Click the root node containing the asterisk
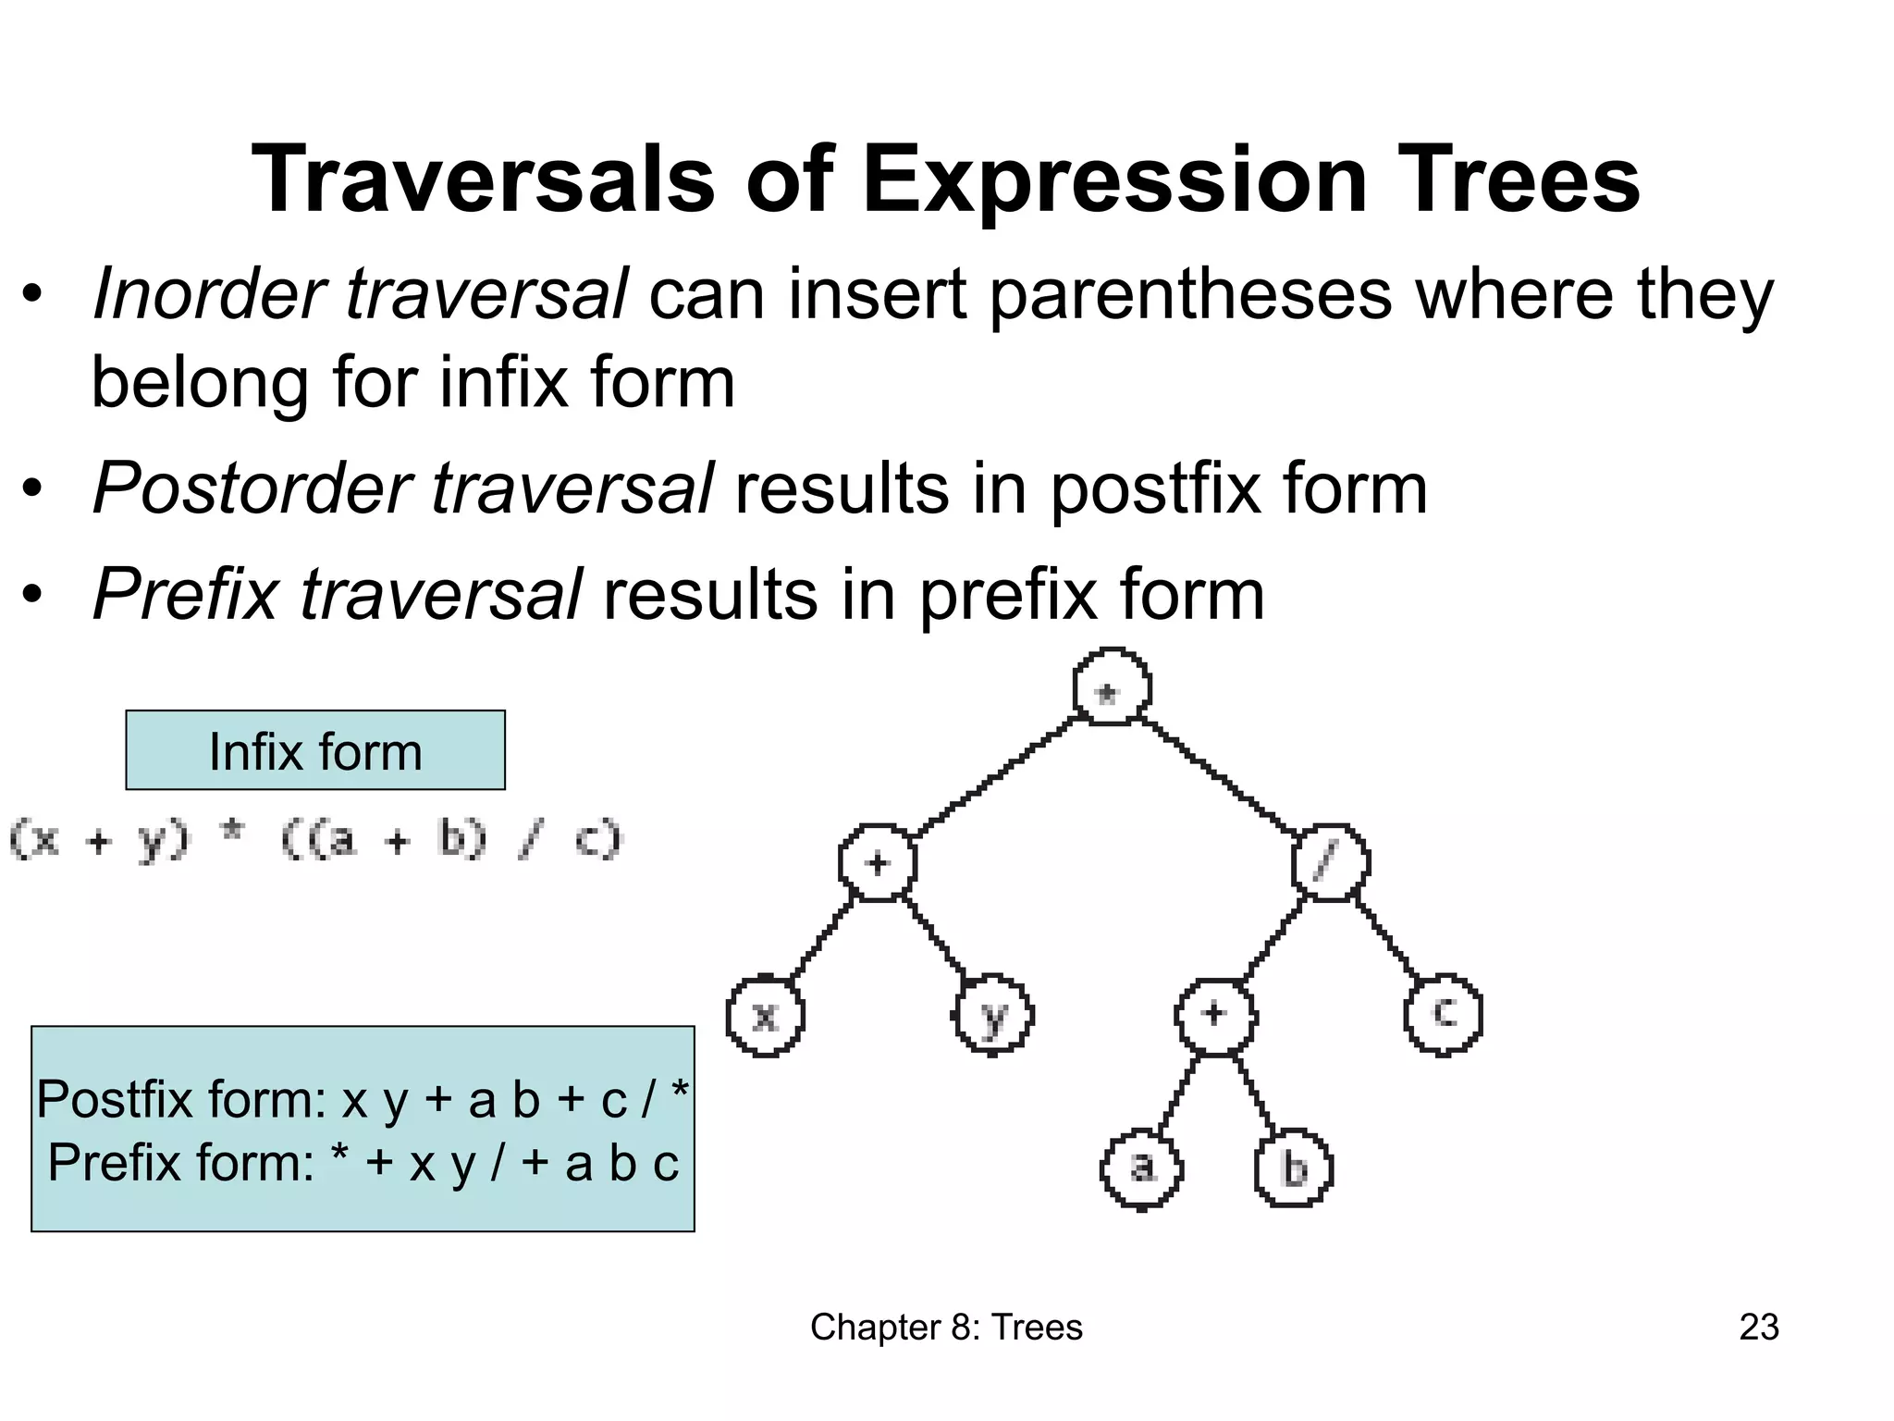tap(1112, 688)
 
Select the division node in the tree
tap(1330, 862)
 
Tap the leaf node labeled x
tap(765, 1016)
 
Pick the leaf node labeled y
tap(993, 1016)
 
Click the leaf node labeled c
tap(1444, 1014)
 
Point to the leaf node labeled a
tap(1142, 1168)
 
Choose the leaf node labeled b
tap(1294, 1168)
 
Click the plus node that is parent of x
tap(877, 862)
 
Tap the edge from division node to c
tap(1387, 938)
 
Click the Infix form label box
tap(315, 750)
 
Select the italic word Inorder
tap(209, 294)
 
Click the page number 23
tap(1758, 1327)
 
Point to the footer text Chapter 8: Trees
tap(946, 1327)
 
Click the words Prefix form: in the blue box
tap(181, 1163)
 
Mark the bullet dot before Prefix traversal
tap(33, 596)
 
